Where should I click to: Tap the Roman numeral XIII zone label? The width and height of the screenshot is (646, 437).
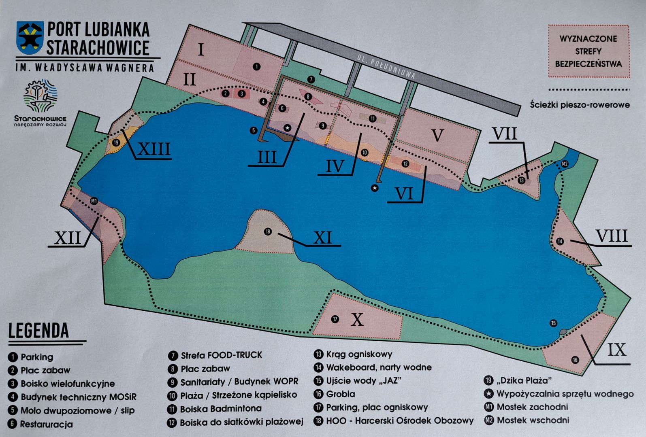(x=154, y=149)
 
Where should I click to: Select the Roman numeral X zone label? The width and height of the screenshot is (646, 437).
(x=357, y=320)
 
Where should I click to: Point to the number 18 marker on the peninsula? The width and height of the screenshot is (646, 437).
(x=268, y=231)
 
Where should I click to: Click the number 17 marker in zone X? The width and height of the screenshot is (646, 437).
(x=335, y=319)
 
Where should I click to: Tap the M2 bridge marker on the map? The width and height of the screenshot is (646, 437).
(x=565, y=164)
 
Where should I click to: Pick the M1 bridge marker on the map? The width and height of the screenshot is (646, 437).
(x=94, y=201)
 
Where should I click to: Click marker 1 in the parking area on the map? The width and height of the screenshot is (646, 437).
(x=256, y=67)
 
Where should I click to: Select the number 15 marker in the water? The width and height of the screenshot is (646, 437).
(x=553, y=323)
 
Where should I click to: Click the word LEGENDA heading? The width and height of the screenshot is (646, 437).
(x=39, y=331)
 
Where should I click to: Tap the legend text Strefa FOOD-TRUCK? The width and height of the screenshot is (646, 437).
(x=221, y=355)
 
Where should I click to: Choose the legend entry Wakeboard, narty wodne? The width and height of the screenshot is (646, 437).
(x=379, y=367)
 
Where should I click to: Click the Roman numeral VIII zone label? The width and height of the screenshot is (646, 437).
(x=611, y=236)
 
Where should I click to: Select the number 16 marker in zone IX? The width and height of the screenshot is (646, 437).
(x=575, y=360)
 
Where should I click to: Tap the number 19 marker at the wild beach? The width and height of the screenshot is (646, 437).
(x=116, y=142)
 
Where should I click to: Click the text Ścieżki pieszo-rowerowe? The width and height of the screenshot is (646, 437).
(x=580, y=105)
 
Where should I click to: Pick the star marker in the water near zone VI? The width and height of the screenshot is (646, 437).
(x=375, y=188)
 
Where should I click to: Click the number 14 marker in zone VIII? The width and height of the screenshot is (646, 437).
(x=560, y=242)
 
